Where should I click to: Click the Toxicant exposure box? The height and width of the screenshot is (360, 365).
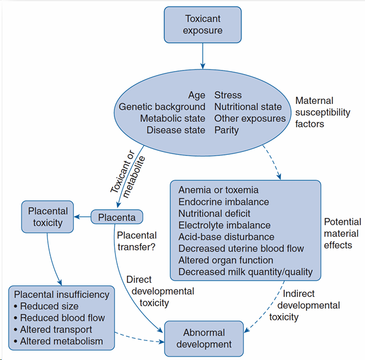pos(203,24)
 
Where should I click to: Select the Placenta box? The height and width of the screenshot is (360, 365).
pos(117,217)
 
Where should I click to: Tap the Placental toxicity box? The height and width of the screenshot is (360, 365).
pos(48,217)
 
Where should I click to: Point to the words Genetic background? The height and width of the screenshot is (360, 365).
pos(162,107)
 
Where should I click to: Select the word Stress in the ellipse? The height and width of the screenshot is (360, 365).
pos(228,95)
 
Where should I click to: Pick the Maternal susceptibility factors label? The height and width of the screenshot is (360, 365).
pos(322,112)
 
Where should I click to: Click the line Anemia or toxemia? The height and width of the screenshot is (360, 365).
pos(218,190)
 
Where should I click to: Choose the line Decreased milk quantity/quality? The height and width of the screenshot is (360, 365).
pos(245,272)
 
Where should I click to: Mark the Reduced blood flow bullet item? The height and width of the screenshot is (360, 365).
pos(62,318)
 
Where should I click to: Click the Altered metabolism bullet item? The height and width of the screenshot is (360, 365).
pos(61,341)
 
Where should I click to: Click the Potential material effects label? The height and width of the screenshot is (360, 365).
pos(342,233)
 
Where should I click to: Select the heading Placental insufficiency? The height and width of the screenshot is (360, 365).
pos(61,295)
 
